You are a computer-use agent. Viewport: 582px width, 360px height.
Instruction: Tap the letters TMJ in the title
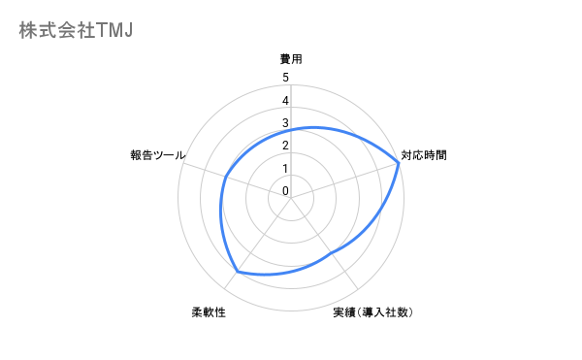pos(114,30)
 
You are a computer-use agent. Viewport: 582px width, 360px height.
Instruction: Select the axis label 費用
pos(291,59)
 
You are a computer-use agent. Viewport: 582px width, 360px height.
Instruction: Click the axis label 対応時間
pos(424,154)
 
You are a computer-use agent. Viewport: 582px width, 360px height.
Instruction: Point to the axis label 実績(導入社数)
pos(373,312)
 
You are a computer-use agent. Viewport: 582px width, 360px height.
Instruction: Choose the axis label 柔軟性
pos(209,312)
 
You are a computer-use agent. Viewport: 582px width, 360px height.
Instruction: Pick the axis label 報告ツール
pos(158,154)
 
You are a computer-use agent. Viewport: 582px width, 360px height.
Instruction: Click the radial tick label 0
pos(285,191)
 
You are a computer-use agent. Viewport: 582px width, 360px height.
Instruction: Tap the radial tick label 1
pos(285,169)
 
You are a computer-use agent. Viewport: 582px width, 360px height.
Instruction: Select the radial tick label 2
pos(285,146)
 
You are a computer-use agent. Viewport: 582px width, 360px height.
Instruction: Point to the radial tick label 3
pos(285,123)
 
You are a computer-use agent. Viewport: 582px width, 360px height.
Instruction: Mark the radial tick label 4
pos(285,101)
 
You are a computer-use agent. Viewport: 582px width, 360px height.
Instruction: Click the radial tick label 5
pos(285,78)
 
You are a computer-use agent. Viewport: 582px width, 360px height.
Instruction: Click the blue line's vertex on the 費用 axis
pos(291,128)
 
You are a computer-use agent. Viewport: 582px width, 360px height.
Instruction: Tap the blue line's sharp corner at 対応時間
pos(399,163)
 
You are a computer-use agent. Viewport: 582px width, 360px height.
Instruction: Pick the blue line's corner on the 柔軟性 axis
pos(238,271)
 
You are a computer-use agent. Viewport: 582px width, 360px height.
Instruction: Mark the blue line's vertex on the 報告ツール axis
pos(225,176)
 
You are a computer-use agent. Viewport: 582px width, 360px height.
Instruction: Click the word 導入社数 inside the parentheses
pos(386,312)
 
